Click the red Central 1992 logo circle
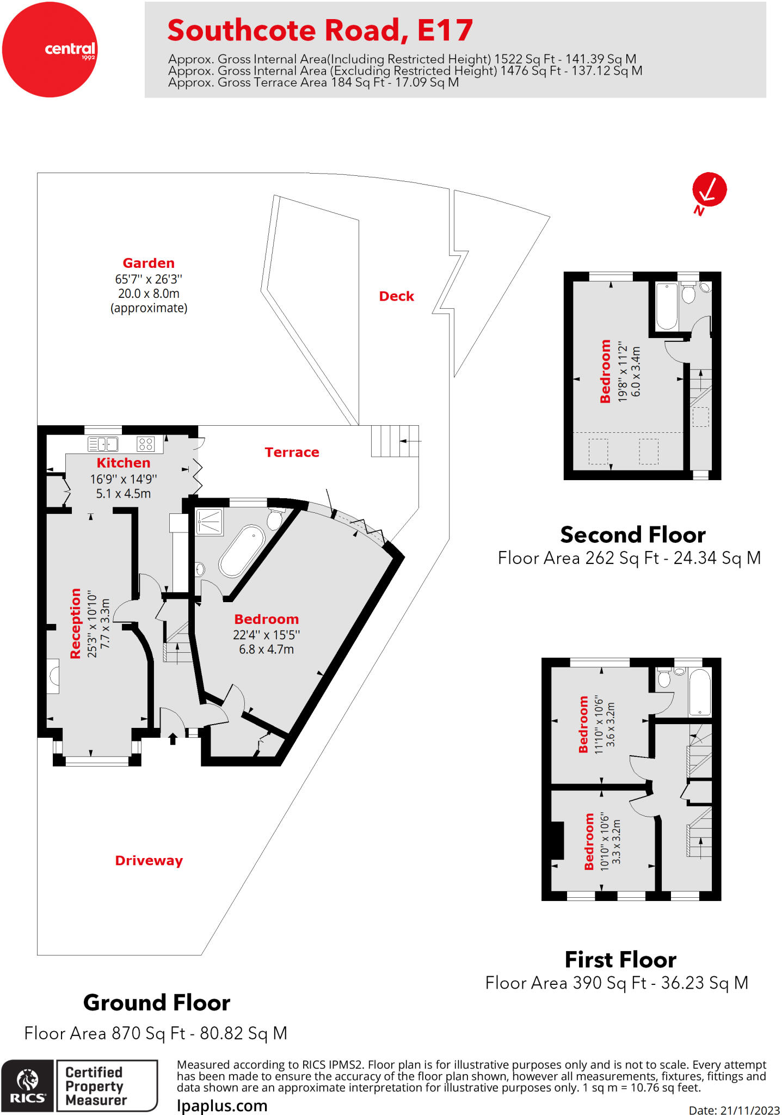[50, 50]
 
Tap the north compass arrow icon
[709, 190]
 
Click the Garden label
[149, 264]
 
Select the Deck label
[396, 296]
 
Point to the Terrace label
[292, 452]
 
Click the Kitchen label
[124, 463]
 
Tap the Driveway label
[149, 861]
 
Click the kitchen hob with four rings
[145, 444]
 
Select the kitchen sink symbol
[103, 444]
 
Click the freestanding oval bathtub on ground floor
[242, 550]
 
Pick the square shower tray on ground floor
[209, 522]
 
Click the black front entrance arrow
[173, 739]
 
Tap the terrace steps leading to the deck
[395, 440]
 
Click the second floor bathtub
[667, 306]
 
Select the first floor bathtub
[700, 692]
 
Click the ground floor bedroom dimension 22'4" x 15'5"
[266, 635]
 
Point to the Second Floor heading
[633, 535]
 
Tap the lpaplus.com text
[222, 1106]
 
